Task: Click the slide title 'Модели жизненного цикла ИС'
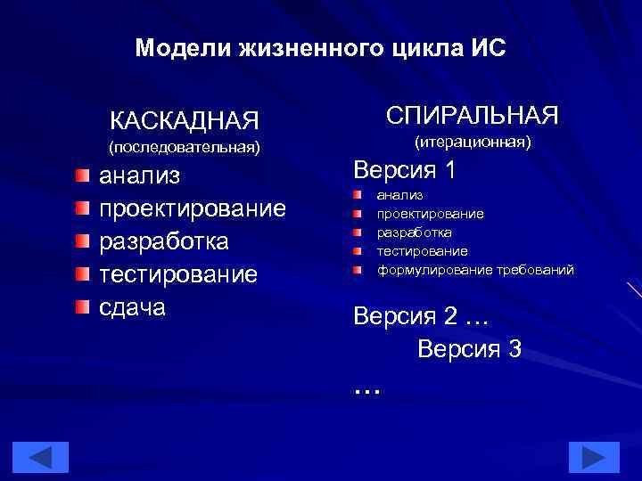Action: tap(320, 48)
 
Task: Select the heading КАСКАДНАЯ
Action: tap(185, 119)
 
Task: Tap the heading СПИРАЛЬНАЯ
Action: tap(472, 115)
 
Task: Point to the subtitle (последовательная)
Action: tap(185, 144)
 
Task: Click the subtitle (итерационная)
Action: tap(472, 142)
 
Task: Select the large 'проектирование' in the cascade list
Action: tap(192, 208)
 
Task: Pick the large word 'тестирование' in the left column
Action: tap(177, 274)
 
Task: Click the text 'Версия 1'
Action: tap(405, 170)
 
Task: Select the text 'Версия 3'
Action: tap(469, 348)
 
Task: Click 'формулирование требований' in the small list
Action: tap(475, 269)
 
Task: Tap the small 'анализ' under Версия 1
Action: tap(399, 195)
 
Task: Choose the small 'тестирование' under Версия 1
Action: tap(422, 251)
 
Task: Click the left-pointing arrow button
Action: tap(38, 457)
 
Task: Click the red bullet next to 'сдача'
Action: tap(82, 307)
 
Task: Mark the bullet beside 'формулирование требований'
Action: tap(355, 269)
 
